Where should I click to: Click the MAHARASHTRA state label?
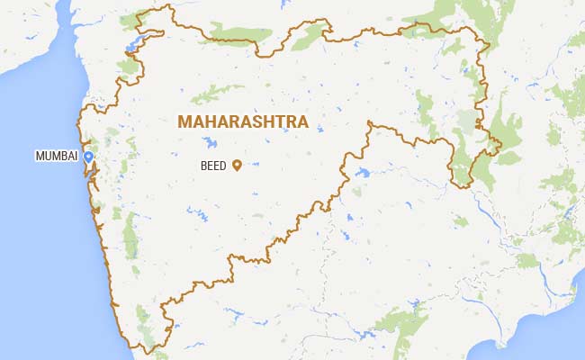(x=243, y=121)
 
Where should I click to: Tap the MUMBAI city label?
(x=56, y=157)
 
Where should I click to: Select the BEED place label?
(x=214, y=166)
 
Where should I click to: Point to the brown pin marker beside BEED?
(x=237, y=165)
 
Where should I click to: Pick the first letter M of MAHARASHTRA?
(x=184, y=121)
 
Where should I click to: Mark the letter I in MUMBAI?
(x=76, y=157)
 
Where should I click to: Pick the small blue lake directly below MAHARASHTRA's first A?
(x=210, y=142)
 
